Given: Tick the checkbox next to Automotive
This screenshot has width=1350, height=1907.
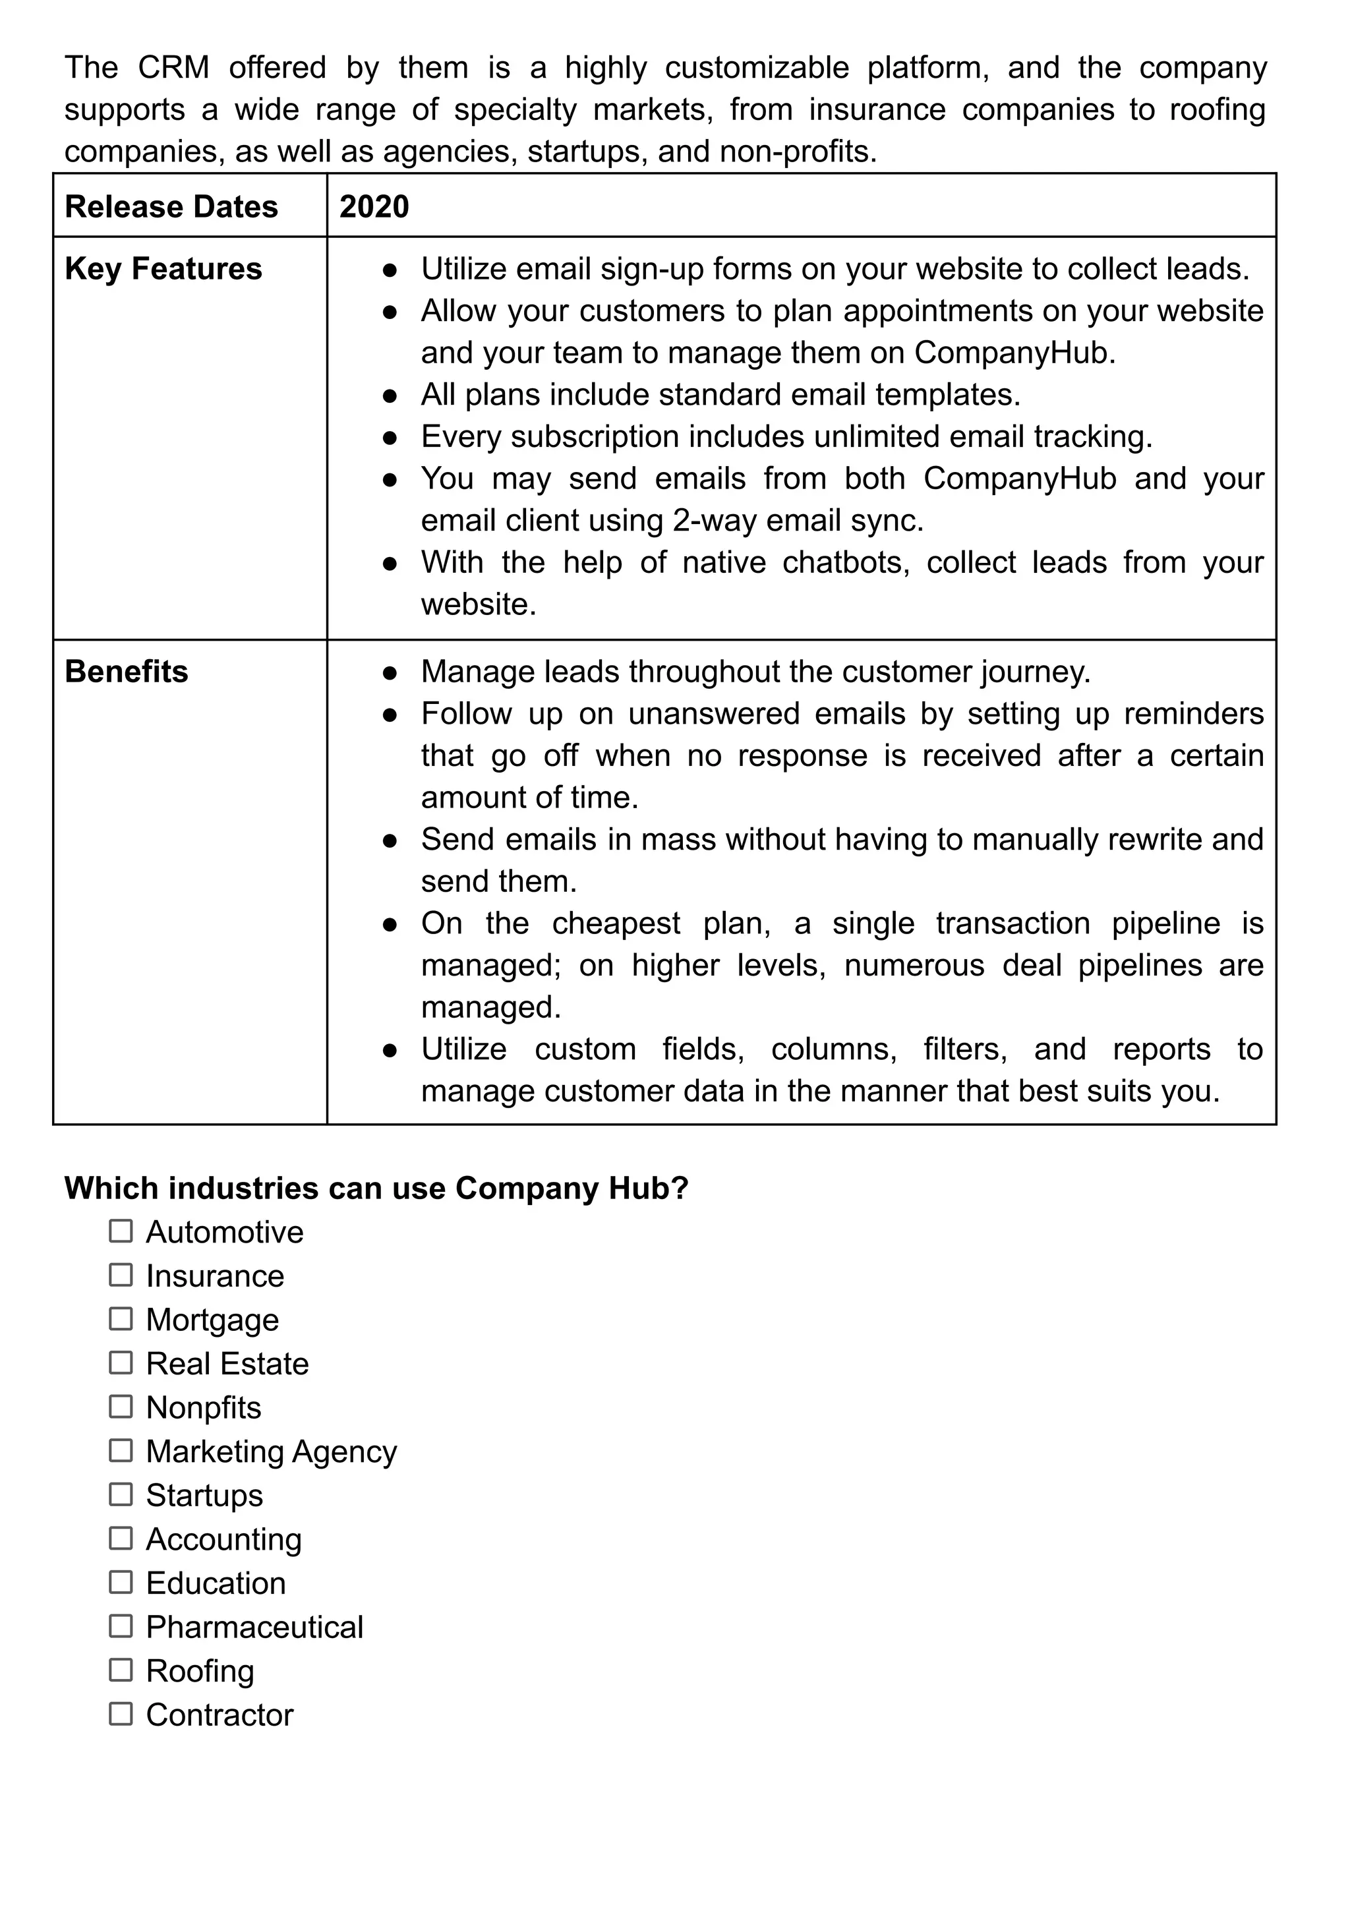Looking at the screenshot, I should pyautogui.click(x=121, y=1231).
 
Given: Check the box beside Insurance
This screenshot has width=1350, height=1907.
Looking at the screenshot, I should pyautogui.click(x=121, y=1276).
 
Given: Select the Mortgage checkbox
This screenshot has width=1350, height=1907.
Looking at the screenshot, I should pyautogui.click(x=121, y=1319).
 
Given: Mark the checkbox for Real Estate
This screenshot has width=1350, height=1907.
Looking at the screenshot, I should pyautogui.click(x=121, y=1363).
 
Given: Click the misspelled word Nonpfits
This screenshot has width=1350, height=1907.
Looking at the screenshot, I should pyautogui.click(x=203, y=1407).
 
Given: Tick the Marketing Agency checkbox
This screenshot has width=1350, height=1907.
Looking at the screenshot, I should pyautogui.click(x=121, y=1451).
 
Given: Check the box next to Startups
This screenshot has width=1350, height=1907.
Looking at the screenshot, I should pyautogui.click(x=121, y=1494).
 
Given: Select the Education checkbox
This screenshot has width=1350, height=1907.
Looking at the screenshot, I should pyautogui.click(x=121, y=1583).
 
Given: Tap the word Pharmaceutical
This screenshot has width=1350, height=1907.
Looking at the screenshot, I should pyautogui.click(x=254, y=1627).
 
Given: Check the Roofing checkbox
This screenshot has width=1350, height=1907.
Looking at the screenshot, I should pyautogui.click(x=121, y=1670).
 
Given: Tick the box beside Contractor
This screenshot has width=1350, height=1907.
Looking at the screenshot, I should pyautogui.click(x=121, y=1714).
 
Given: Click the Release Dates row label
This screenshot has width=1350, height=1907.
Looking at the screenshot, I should pyautogui.click(x=171, y=206).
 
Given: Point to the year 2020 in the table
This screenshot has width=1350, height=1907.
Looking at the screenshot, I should pyautogui.click(x=374, y=206).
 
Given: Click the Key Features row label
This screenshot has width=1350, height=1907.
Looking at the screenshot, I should pyautogui.click(x=163, y=268).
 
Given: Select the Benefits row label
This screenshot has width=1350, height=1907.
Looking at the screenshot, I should pyautogui.click(x=127, y=672).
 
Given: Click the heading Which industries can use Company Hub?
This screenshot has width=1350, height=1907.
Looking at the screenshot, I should pyautogui.click(x=376, y=1188).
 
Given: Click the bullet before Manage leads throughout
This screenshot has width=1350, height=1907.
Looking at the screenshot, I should pyautogui.click(x=390, y=672).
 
